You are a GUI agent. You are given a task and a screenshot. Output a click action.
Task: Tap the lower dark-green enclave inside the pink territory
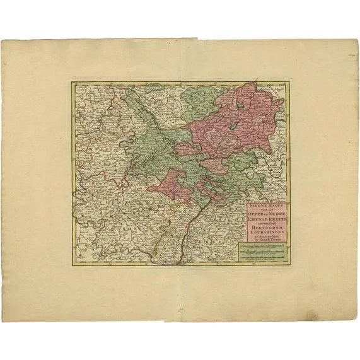(x=233, y=126)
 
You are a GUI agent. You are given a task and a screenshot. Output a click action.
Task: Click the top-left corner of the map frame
(x=71, y=80)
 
